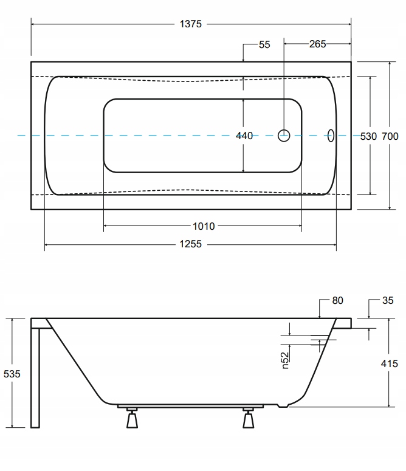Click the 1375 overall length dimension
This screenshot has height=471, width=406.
(x=190, y=24)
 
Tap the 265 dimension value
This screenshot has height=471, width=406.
(x=317, y=44)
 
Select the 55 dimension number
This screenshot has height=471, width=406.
(x=264, y=44)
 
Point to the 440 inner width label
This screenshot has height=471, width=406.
(x=244, y=136)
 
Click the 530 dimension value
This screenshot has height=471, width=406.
(x=368, y=136)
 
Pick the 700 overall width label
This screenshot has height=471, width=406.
(x=390, y=136)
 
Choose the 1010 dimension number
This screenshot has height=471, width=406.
(x=204, y=226)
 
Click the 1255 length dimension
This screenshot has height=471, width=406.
(x=190, y=244)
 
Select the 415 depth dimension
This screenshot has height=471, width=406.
(x=389, y=363)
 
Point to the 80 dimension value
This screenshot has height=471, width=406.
(x=338, y=300)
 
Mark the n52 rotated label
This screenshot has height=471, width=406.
(x=284, y=358)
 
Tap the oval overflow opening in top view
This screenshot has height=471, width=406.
(x=332, y=135)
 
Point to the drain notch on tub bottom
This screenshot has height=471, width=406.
(x=281, y=405)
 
